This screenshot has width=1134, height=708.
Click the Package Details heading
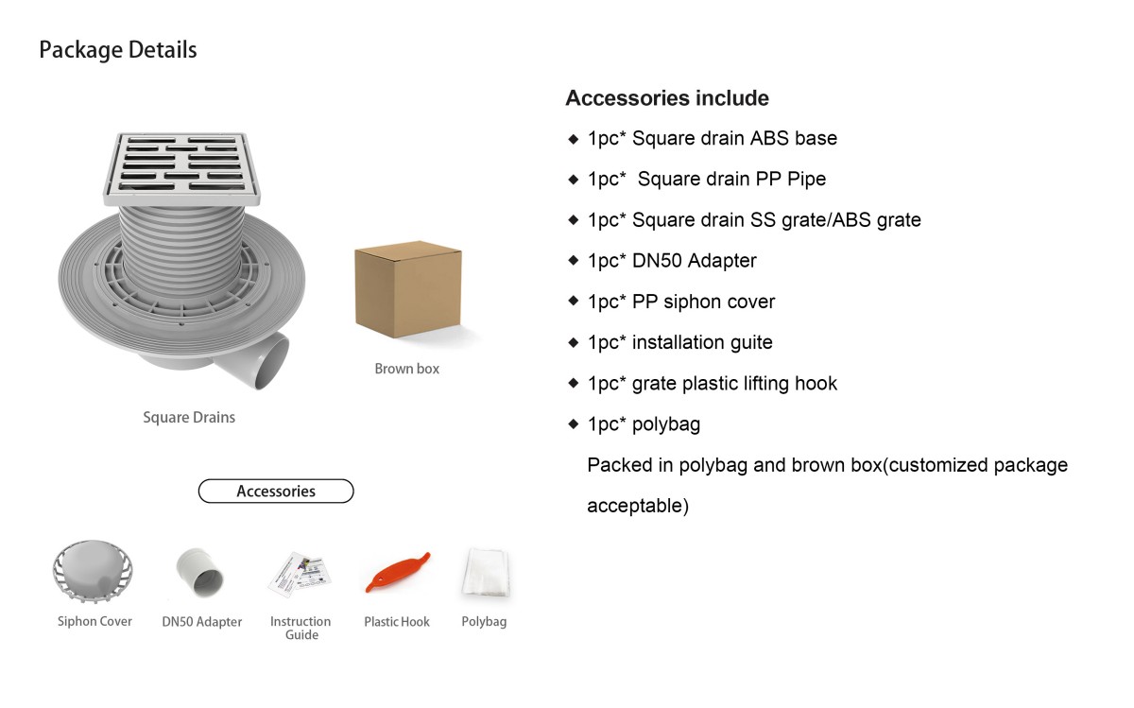point(118,50)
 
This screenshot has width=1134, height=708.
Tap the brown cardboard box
point(408,289)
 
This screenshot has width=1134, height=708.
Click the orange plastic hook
point(398,572)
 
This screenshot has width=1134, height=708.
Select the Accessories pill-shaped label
point(276,492)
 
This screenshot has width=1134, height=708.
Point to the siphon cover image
point(93,571)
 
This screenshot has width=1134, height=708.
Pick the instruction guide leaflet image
point(300,575)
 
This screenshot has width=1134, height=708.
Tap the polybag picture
point(485,572)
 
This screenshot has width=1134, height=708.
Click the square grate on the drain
point(181,168)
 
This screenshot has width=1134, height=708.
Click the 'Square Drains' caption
point(189,417)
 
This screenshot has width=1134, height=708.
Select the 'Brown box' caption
point(407,369)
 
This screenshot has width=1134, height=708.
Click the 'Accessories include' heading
point(667,98)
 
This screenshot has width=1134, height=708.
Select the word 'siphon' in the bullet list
point(688,302)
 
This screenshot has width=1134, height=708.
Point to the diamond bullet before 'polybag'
point(573,423)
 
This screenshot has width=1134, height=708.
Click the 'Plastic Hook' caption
point(397,622)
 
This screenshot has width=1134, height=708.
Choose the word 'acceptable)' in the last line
point(638,506)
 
